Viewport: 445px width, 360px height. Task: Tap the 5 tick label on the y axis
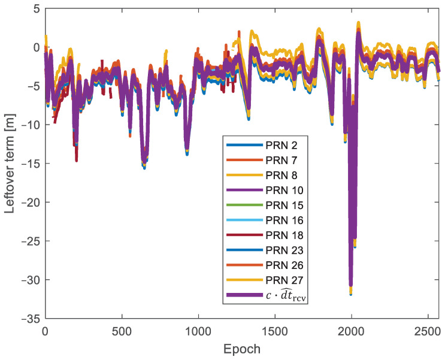coord(36,8)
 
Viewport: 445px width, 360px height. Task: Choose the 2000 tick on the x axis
coord(351,330)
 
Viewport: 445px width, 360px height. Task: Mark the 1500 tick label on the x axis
coord(274,330)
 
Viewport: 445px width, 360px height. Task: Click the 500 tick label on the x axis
coord(122,330)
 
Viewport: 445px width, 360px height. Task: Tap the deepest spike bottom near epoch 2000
coord(351,294)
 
